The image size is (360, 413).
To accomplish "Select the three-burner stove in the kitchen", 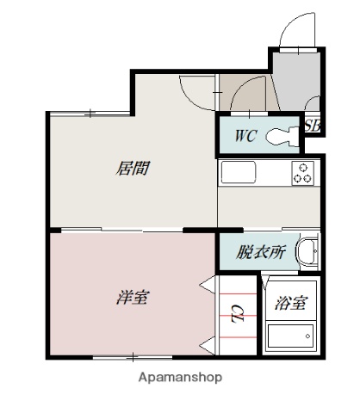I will pos(303,172).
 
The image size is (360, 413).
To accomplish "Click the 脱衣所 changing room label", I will pos(261,252).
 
